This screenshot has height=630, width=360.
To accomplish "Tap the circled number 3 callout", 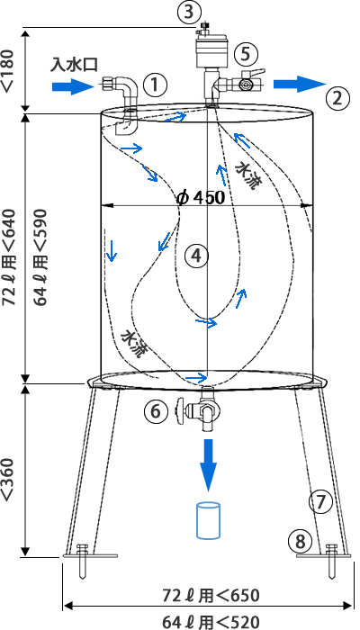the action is (x=189, y=12).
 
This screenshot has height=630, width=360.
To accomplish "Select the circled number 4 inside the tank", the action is (x=196, y=255).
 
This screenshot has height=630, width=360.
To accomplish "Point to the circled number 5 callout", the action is (x=247, y=54).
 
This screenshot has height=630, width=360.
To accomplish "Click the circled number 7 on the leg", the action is (x=321, y=503).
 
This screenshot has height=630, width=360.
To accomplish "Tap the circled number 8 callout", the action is (x=301, y=541).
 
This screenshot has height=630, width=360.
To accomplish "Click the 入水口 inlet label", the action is (x=74, y=65).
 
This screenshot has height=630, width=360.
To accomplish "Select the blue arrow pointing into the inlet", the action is (x=70, y=86).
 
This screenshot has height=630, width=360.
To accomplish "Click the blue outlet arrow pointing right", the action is (x=300, y=84).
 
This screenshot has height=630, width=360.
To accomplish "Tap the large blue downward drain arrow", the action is (x=208, y=465).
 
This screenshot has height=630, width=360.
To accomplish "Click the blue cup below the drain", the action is (x=208, y=519).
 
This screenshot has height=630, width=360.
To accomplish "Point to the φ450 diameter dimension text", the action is (x=200, y=198).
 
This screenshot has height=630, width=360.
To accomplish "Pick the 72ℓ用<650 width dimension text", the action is (x=211, y=596).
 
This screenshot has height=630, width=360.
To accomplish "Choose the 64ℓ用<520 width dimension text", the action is (x=211, y=622).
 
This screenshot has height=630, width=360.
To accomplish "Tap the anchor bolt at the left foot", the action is (x=83, y=561).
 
